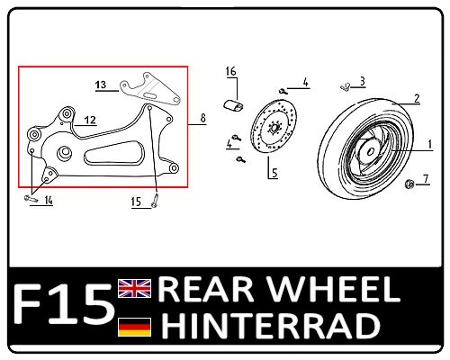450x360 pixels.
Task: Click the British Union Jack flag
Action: pos(135,288)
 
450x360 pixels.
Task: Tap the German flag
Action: pos(135,327)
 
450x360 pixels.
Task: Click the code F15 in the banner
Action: pos(64,304)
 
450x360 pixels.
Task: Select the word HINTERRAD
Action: pos(271,325)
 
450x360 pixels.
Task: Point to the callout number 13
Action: pos(101,85)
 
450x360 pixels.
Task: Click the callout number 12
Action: pos(90,120)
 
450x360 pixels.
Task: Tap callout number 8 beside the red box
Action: pos(203,118)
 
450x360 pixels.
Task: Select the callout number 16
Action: pos(231,71)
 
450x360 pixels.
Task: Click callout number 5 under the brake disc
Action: pos(274,173)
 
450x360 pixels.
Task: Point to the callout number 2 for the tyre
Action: pos(417,98)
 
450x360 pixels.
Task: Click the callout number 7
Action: pos(426,179)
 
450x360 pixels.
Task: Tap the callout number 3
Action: pos(362,81)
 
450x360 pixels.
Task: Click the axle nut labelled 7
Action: pos(409,184)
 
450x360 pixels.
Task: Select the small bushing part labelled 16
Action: pos(233,105)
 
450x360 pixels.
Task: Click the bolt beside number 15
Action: pos(155,201)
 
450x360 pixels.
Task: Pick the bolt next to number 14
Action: pos(31,198)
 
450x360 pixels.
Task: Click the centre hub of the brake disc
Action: pos(274,129)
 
